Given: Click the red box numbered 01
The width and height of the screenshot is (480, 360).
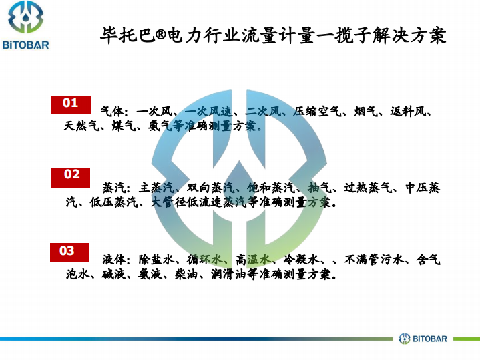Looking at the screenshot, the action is (x=71, y=105).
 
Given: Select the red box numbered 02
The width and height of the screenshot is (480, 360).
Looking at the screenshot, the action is (x=70, y=178).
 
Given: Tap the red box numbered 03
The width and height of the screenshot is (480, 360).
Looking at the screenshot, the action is (x=70, y=252).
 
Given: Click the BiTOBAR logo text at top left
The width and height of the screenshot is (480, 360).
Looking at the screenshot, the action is (x=26, y=45).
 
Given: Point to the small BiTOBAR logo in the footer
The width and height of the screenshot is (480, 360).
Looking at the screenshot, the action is (x=423, y=339).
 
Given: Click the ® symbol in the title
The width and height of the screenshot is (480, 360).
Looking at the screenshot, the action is (x=161, y=35).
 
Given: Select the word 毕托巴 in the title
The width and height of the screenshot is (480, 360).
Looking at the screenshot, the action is (x=128, y=35).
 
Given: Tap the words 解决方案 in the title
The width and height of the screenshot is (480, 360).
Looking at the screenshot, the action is (x=409, y=35).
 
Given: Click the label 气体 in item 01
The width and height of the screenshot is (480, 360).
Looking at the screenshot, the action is (x=112, y=112).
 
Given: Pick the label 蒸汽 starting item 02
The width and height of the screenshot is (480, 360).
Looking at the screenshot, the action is (x=114, y=188).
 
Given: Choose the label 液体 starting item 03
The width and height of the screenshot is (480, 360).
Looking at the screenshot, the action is (x=114, y=260).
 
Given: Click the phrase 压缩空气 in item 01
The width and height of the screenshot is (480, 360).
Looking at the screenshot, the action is (x=317, y=112).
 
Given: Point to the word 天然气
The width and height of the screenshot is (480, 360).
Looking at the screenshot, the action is (x=82, y=126).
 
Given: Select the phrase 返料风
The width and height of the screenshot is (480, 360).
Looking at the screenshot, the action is (x=408, y=112).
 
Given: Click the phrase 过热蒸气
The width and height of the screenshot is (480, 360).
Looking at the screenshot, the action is (x=368, y=188).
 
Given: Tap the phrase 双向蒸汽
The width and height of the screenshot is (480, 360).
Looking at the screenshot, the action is (x=210, y=188).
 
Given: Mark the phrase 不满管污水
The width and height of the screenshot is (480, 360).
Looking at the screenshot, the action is (x=375, y=260).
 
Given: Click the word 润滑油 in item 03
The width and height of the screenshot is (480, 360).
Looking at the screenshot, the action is (x=229, y=274).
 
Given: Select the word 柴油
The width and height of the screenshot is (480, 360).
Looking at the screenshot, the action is (x=186, y=274).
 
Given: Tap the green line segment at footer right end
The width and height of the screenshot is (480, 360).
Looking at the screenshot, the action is (x=467, y=339).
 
